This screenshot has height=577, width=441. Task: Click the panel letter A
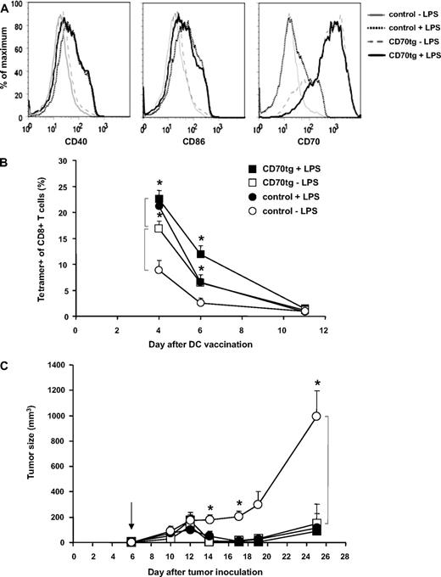pos(6,6)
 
